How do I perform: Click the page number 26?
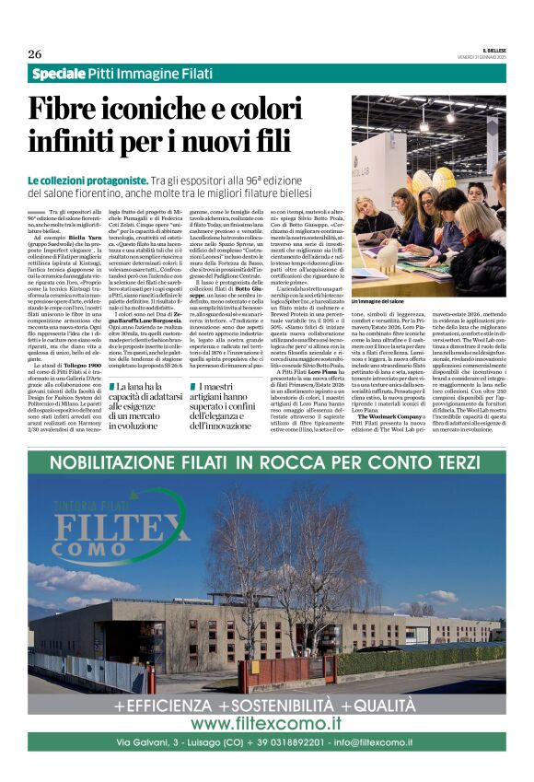point(35,53)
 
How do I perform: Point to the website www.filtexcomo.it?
point(266,723)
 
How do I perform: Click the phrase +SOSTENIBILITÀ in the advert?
point(265,705)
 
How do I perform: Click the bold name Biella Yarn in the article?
point(80,237)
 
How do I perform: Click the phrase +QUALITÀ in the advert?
point(377,705)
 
